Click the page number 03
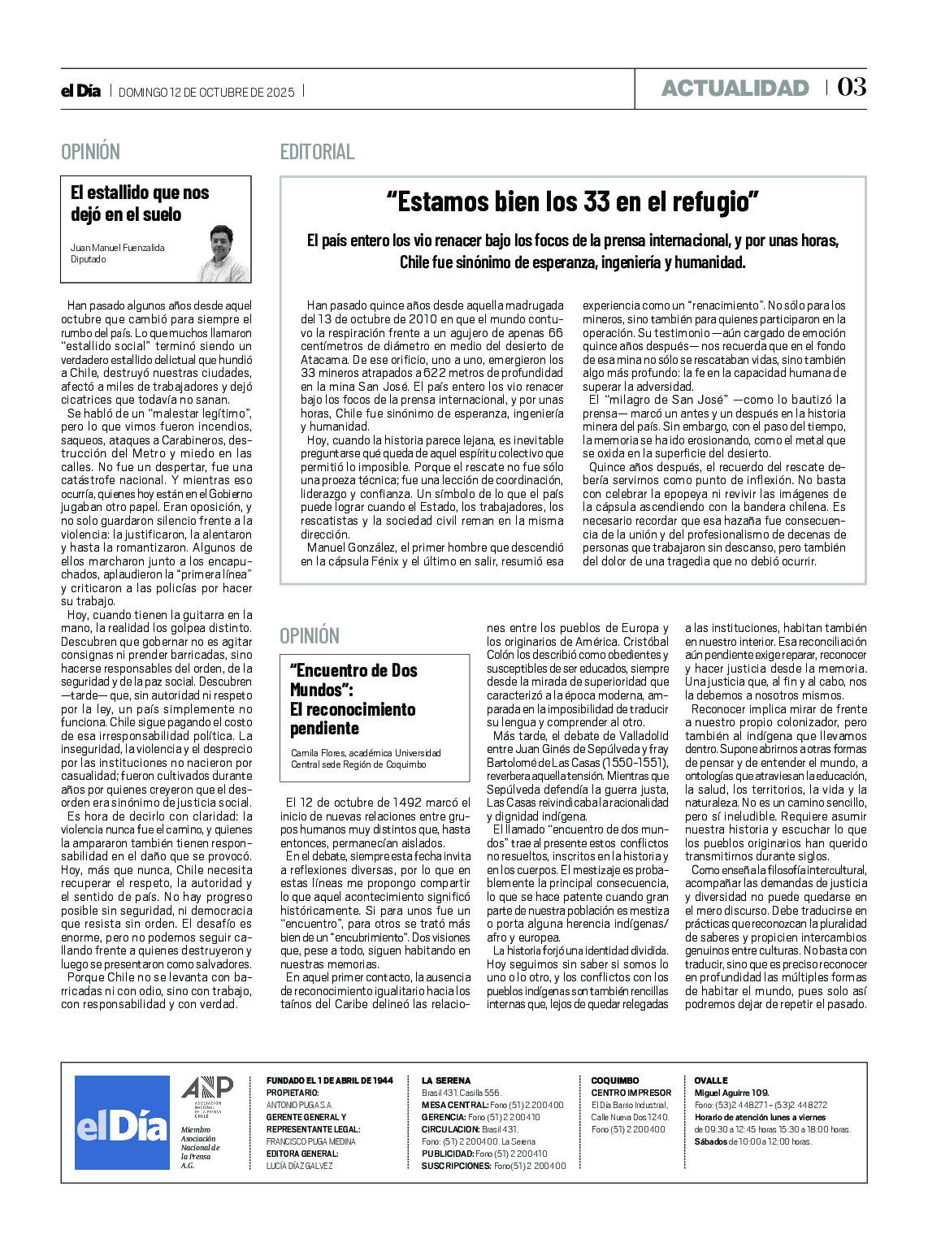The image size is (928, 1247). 852,88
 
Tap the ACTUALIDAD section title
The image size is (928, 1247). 735,89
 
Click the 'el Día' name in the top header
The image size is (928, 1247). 80,91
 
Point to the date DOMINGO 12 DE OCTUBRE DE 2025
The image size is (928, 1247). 206,92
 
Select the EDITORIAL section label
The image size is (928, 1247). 317,152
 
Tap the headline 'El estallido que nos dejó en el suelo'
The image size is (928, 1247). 140,203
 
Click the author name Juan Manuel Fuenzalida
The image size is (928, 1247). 117,248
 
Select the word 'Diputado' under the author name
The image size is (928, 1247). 88,260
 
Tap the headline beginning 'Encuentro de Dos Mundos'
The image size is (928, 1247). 353,699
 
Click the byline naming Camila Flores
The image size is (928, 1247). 366,759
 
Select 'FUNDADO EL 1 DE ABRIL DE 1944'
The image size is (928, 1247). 330,1080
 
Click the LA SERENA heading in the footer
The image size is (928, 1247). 446,1080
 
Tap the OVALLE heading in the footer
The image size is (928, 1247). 711,1080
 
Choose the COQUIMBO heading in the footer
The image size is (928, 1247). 615,1080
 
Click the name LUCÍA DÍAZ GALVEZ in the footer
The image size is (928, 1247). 299,1166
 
